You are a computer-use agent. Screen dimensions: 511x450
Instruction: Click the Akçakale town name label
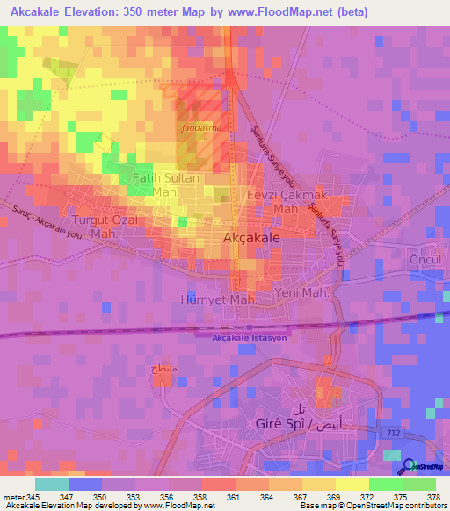pos(251,238)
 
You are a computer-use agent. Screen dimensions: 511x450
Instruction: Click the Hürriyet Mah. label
pos(218,299)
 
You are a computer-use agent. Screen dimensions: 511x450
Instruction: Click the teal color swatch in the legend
pos(51,484)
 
